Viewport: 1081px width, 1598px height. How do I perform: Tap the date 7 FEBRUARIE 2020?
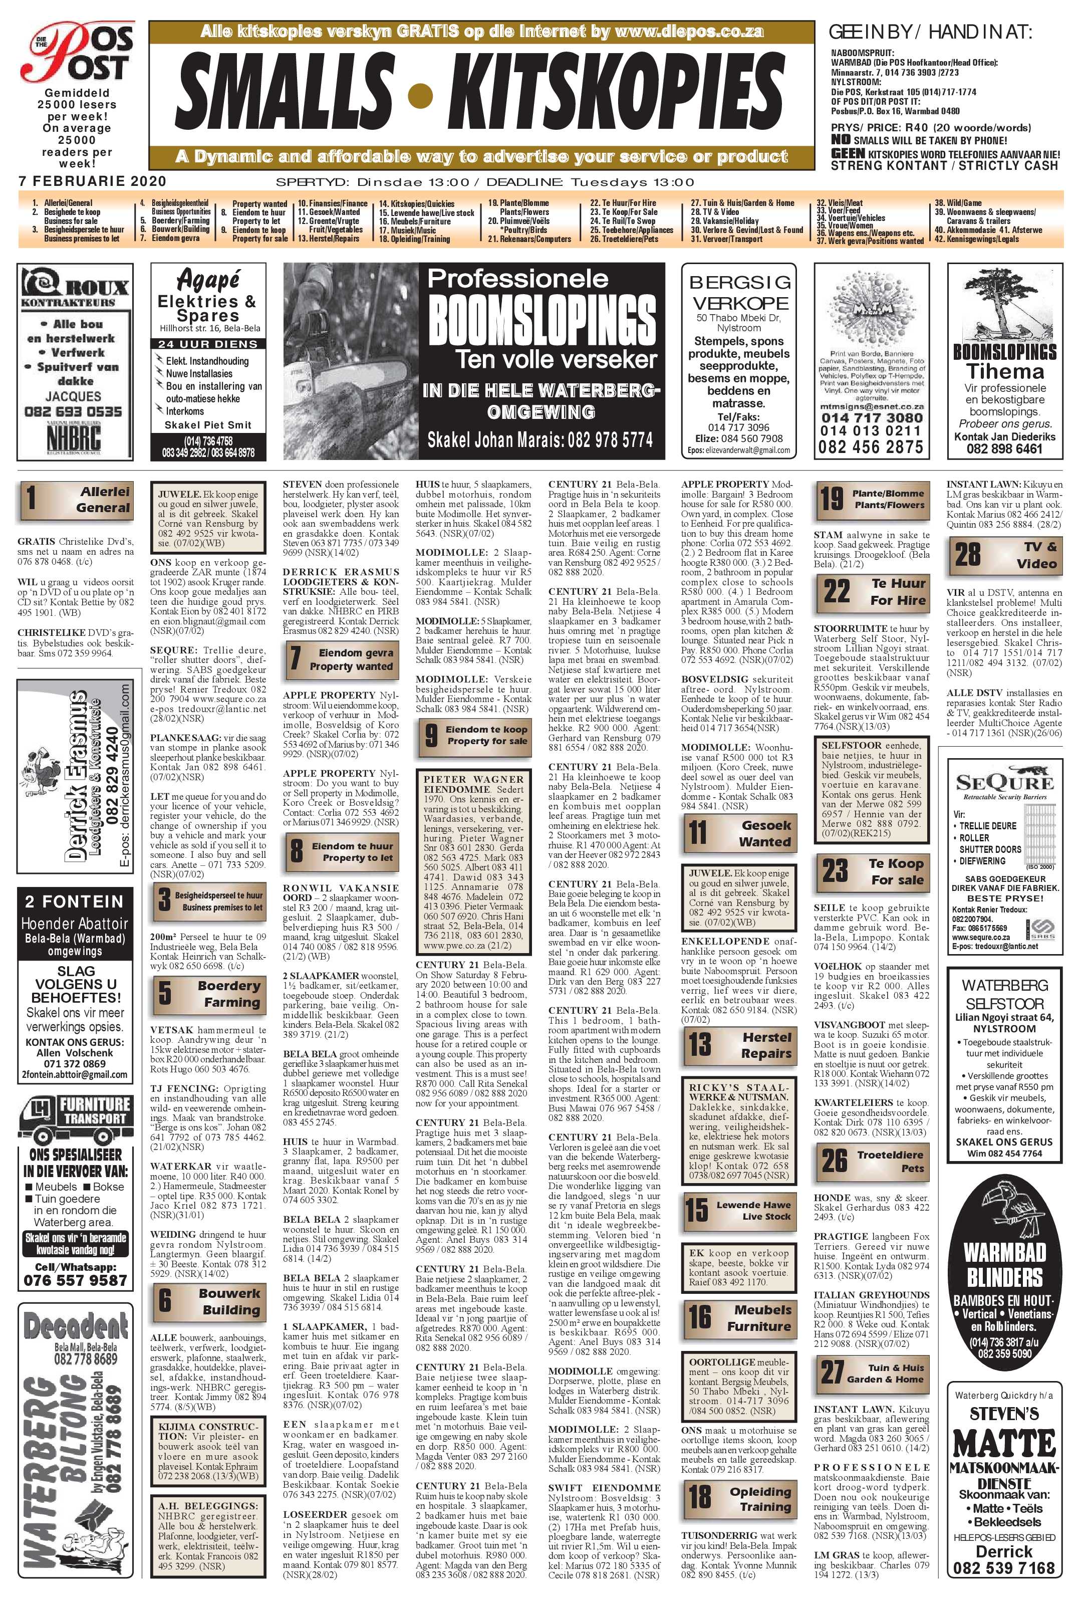click(x=92, y=181)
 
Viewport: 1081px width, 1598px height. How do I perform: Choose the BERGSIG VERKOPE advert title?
click(x=739, y=292)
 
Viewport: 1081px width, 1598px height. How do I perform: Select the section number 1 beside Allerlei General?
click(x=32, y=499)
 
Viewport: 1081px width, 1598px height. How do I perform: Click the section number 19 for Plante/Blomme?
click(x=831, y=499)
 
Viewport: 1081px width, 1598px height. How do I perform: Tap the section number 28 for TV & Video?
click(x=968, y=554)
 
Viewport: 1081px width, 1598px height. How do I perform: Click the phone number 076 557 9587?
click(x=76, y=1280)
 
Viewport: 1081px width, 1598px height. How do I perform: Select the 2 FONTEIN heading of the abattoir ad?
click(x=74, y=901)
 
